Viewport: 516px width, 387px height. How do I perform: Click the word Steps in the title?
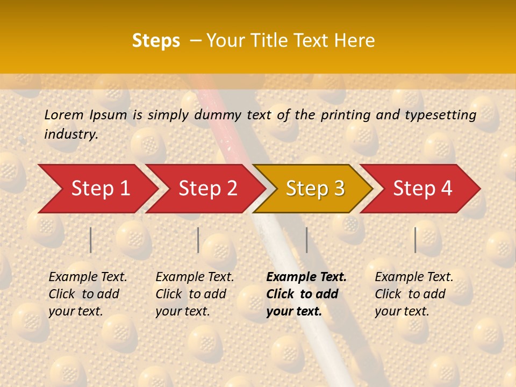tap(156, 41)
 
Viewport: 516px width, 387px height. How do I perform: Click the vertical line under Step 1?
tap(91, 240)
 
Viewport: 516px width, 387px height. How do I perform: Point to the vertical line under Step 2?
tap(198, 240)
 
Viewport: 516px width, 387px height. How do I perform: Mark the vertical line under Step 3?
tap(306, 240)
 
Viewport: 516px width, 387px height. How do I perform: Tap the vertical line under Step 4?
tap(415, 240)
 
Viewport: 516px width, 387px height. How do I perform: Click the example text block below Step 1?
tap(87, 294)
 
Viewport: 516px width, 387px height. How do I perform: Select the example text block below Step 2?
tap(194, 294)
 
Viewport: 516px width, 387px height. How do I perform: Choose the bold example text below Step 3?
tap(306, 294)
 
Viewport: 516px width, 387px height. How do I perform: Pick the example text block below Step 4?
tap(413, 294)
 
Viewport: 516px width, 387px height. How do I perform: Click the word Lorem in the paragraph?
tap(64, 114)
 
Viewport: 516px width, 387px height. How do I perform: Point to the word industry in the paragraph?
tap(71, 134)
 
